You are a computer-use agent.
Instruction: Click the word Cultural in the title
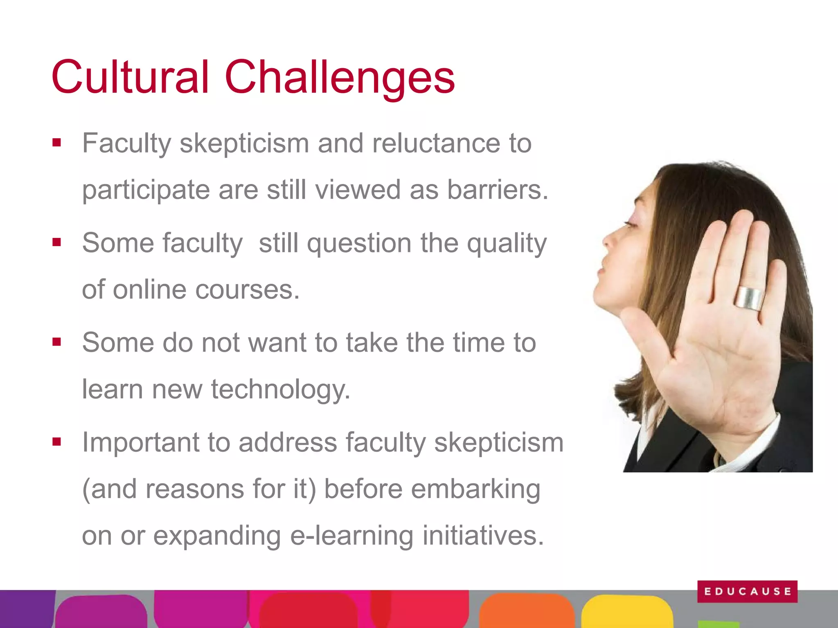click(130, 77)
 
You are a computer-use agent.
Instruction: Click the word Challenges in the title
click(340, 78)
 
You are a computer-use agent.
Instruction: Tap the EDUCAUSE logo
click(747, 591)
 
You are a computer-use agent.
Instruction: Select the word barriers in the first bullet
click(497, 190)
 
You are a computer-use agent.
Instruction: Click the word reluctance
click(436, 144)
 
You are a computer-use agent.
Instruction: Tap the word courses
click(248, 289)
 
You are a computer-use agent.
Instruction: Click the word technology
click(281, 390)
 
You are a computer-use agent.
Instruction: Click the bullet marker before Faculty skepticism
click(57, 143)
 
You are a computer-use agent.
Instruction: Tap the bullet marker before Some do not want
click(57, 342)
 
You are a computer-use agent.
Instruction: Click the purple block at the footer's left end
click(27, 609)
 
